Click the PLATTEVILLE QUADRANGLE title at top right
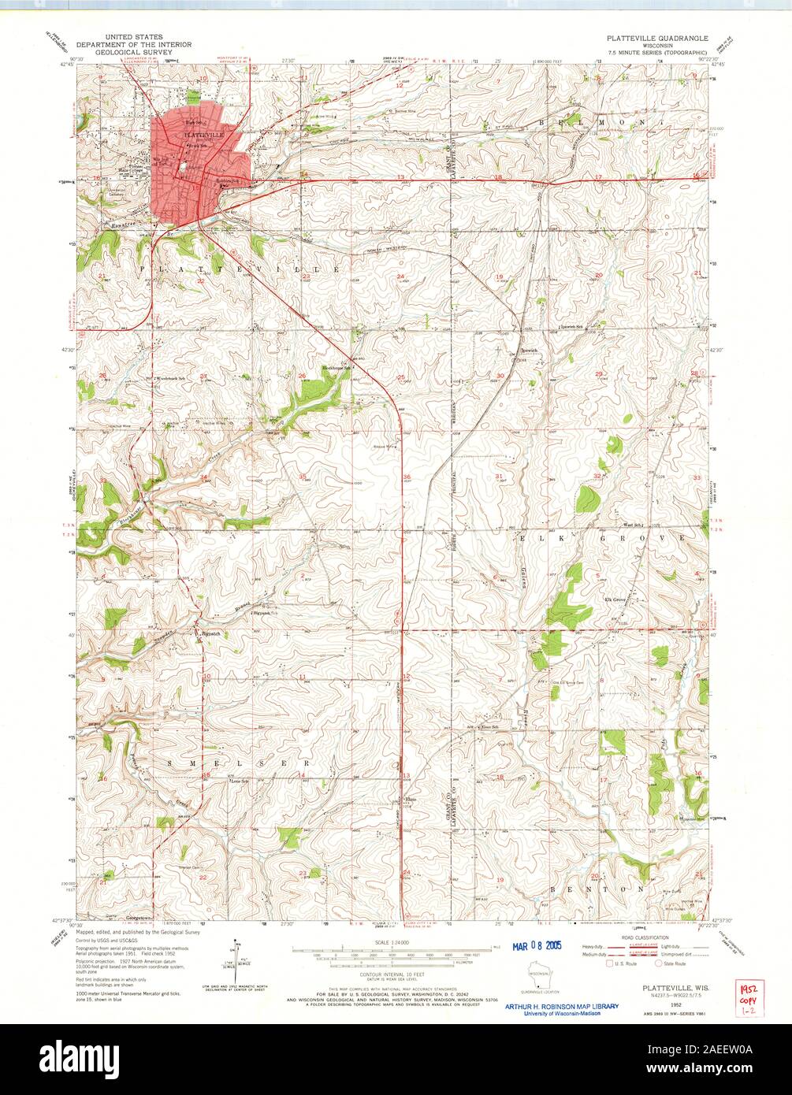click(656, 38)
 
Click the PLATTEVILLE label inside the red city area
click(203, 135)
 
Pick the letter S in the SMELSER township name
click(168, 763)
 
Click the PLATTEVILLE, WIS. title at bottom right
click(667, 986)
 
